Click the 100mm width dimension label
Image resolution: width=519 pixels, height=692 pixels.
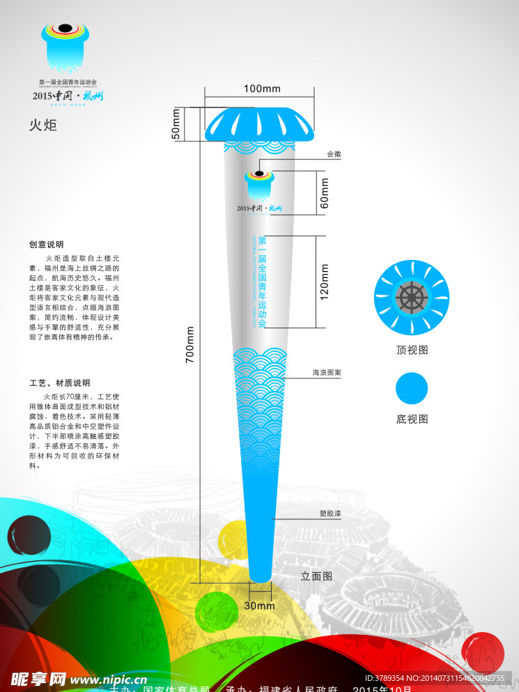tap(262, 89)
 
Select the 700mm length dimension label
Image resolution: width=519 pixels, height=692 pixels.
tap(189, 345)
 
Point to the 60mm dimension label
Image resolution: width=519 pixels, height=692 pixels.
tap(324, 193)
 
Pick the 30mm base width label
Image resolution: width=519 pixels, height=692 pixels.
tap(259, 606)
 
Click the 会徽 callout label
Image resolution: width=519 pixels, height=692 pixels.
tap(334, 154)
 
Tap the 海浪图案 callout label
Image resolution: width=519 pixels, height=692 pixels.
tap(326, 373)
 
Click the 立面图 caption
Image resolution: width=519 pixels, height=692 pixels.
tap(316, 576)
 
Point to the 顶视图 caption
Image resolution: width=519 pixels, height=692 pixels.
tap(412, 350)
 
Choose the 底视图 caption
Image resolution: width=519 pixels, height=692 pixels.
tap(412, 419)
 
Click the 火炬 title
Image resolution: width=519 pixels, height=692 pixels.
tap(42, 125)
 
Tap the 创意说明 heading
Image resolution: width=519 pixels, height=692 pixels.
tap(46, 245)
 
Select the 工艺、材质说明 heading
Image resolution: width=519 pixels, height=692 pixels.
tap(59, 383)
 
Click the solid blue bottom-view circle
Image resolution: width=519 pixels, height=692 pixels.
tap(412, 388)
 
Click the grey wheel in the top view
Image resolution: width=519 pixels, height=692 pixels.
tap(412, 298)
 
